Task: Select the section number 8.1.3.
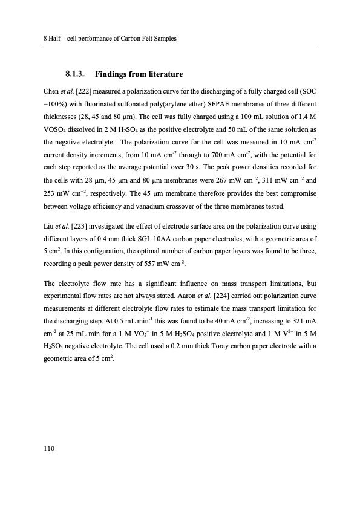coord(76,74)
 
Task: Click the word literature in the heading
coord(161,74)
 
